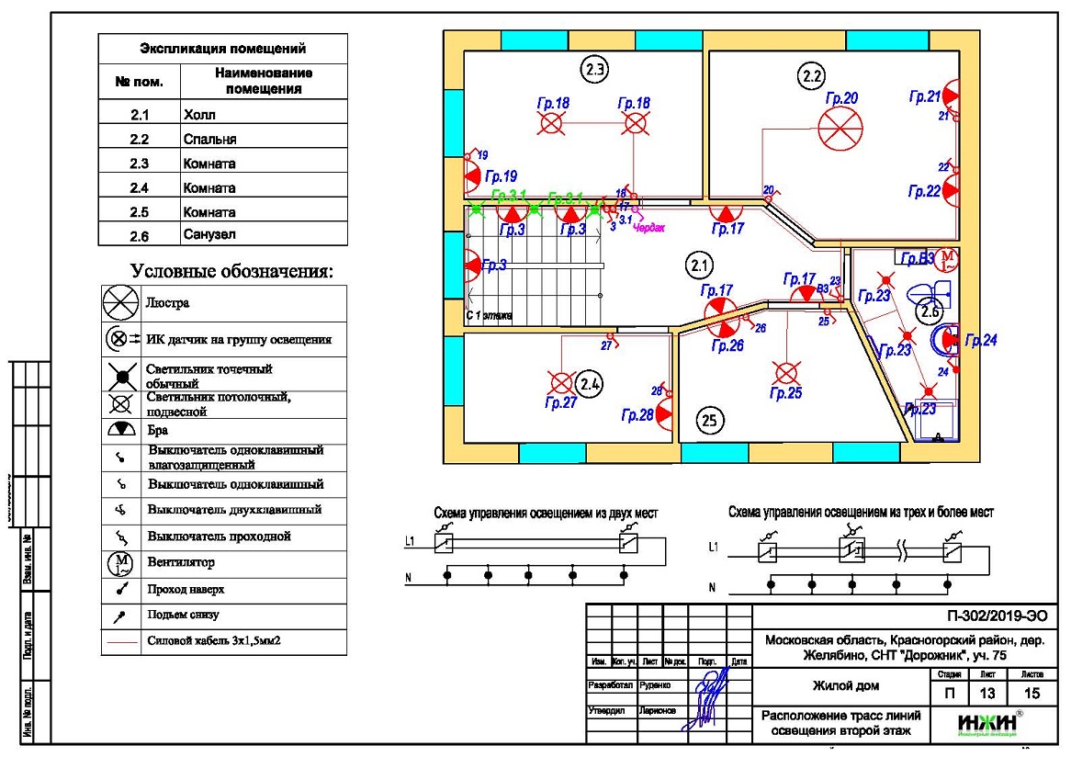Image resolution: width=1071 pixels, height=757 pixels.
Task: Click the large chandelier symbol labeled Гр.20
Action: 840,129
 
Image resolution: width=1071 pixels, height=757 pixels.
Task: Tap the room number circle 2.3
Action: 595,67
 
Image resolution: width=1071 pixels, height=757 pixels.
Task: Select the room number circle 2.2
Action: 810,77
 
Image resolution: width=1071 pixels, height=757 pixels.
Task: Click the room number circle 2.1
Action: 698,266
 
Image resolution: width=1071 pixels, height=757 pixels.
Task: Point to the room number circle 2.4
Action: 590,384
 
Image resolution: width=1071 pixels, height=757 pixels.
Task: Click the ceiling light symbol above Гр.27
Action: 560,382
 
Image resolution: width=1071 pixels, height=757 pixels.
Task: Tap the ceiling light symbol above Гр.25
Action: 785,373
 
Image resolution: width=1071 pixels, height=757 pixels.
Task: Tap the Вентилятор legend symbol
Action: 121,562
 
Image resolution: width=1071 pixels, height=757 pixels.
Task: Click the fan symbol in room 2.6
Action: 949,258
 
